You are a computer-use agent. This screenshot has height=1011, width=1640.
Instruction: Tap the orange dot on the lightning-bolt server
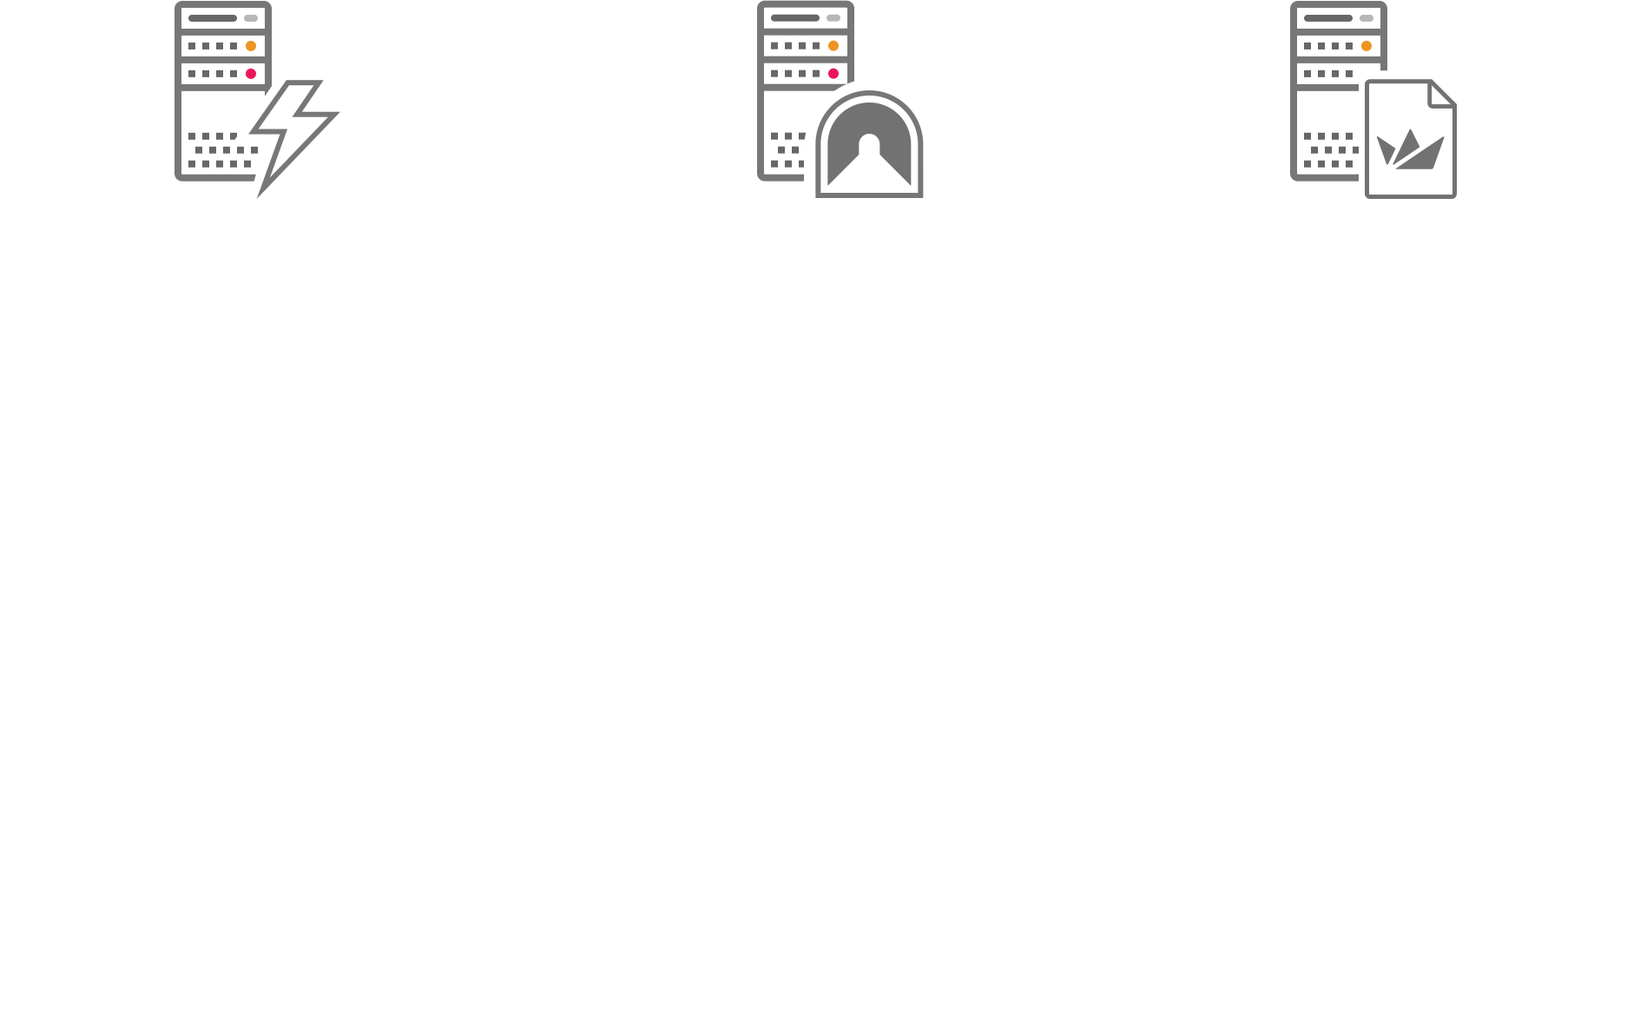click(251, 46)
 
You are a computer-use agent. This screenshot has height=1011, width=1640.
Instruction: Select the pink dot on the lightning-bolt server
click(251, 74)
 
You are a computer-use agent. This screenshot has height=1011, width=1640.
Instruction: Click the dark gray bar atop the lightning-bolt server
click(213, 18)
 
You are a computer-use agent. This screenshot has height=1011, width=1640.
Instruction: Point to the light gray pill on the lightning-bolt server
click(251, 18)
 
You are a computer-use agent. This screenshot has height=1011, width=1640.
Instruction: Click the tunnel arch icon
click(869, 144)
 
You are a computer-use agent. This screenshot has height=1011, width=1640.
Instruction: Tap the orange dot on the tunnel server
click(833, 46)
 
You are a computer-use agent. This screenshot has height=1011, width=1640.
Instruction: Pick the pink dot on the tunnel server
click(833, 74)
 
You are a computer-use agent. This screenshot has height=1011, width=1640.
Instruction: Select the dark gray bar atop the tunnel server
click(795, 18)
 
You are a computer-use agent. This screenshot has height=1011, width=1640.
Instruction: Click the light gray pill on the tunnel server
click(833, 18)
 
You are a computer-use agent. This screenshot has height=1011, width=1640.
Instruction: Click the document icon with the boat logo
click(1410, 139)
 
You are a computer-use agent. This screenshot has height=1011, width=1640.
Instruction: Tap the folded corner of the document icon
click(1442, 94)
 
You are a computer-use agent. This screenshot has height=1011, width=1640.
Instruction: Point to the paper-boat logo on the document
click(1410, 150)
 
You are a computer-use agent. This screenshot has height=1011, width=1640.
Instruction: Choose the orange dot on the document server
click(1367, 46)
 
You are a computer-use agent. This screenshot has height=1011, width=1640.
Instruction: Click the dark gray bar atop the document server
click(1328, 18)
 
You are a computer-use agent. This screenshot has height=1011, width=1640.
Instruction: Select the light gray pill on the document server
click(1367, 18)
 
